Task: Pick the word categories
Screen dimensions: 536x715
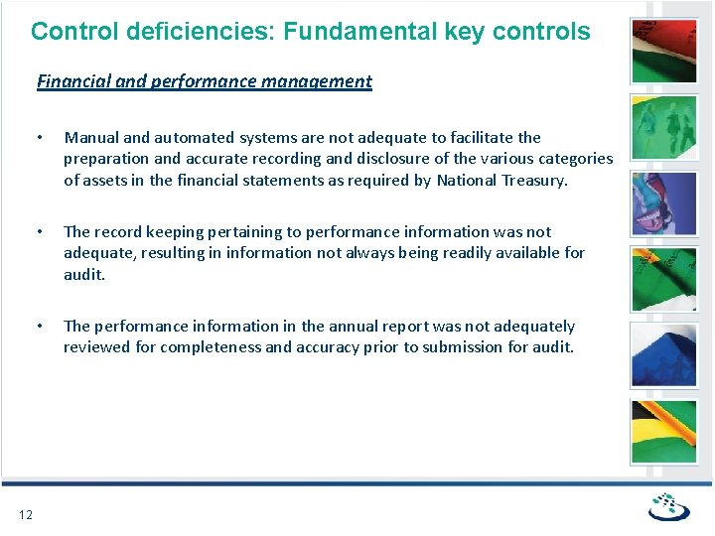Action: tap(571, 158)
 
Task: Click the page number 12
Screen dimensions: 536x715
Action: tap(26, 513)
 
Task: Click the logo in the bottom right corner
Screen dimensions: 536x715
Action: tap(667, 507)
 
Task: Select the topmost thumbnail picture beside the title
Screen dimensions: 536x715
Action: tap(664, 50)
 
